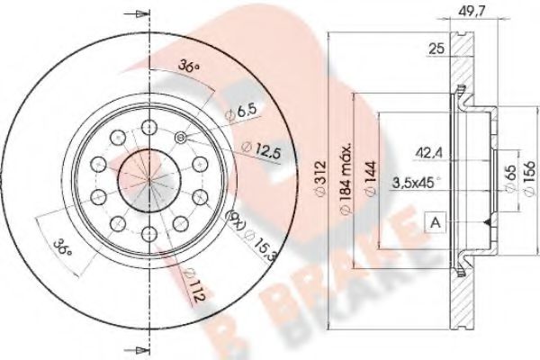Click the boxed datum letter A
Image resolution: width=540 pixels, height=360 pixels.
tap(435, 220)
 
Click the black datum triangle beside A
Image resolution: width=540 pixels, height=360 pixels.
tap(487, 220)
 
